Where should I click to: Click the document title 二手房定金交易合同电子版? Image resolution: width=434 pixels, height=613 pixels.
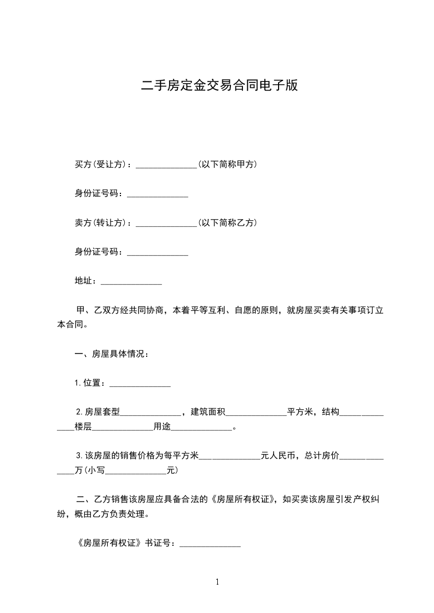pyautogui.click(x=219, y=85)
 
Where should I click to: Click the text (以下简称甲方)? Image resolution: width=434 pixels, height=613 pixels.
pyautogui.click(x=227, y=164)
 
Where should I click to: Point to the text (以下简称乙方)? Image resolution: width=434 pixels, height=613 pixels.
pyautogui.click(x=227, y=223)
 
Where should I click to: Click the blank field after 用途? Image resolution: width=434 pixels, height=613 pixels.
pyautogui.click(x=202, y=429)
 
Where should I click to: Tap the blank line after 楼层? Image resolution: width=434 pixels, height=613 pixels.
pyautogui.click(x=123, y=429)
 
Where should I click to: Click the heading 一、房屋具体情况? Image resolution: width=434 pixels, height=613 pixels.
pyautogui.click(x=112, y=354)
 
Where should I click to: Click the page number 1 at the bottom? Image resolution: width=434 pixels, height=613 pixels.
pyautogui.click(x=217, y=582)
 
